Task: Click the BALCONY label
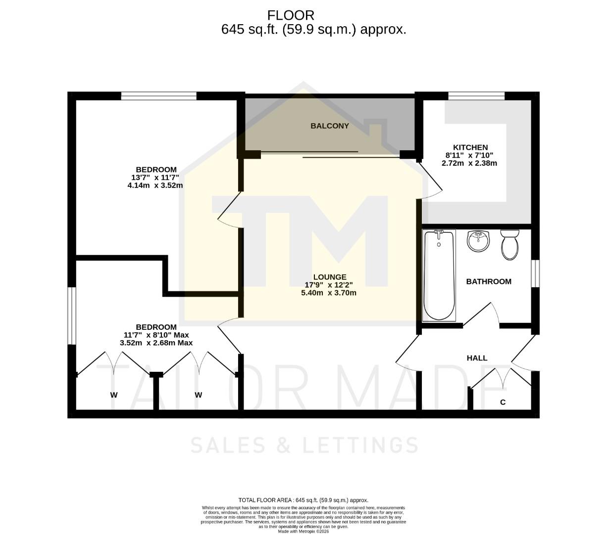[x=330, y=126]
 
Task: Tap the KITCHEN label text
[x=470, y=147]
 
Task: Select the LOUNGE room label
[x=330, y=277]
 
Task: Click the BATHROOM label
[x=489, y=281]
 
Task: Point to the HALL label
[x=477, y=358]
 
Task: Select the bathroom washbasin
[x=478, y=241]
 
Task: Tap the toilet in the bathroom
[x=509, y=245]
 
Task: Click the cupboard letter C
[x=503, y=402]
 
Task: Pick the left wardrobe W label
[x=114, y=395]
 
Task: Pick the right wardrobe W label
[x=198, y=395]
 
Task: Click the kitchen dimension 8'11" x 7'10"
[x=469, y=155]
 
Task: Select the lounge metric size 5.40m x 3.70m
[x=329, y=293]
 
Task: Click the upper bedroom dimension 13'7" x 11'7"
[x=155, y=178]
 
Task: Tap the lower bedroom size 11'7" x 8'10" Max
[x=156, y=335]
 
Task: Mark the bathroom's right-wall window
[x=535, y=273]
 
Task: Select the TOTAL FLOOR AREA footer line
[x=303, y=500]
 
